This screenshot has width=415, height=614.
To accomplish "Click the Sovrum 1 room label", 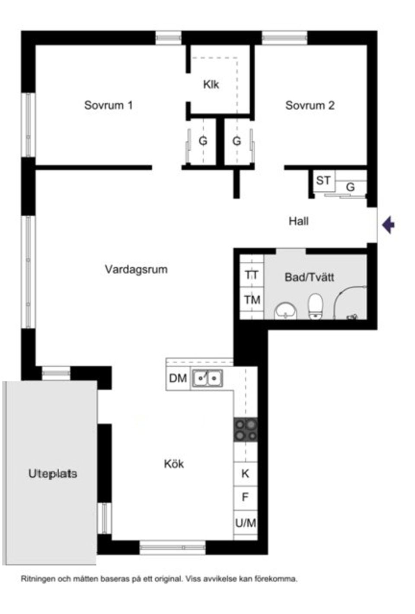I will point(108,105).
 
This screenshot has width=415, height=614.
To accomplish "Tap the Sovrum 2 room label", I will point(310,105).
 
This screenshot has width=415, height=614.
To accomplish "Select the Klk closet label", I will point(211,84).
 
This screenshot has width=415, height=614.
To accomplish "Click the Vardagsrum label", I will point(136,269).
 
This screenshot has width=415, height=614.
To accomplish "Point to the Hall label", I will point(298,222).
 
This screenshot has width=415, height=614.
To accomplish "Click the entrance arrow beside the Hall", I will point(389,225).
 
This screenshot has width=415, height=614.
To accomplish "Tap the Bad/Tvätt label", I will point(309,277).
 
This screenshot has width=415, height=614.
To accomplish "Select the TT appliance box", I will point(252,275).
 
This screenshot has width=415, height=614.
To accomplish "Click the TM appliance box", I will point(252,299).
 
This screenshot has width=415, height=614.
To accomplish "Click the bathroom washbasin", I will point(285,310).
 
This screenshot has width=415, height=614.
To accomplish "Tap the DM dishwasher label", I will point(178,379).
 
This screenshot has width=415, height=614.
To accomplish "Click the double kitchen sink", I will point(207,379).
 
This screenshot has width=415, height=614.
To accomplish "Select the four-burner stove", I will point(246,430).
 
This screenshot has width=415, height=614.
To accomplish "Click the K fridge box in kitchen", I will point(245,474).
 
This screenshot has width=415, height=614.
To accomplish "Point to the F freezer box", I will point(245,497).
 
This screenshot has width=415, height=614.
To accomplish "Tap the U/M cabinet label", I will point(245,523).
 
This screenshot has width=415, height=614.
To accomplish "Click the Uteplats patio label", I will point(53,474).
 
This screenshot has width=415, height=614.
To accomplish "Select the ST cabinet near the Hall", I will point(323,180).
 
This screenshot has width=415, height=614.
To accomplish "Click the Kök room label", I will point(174,464).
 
